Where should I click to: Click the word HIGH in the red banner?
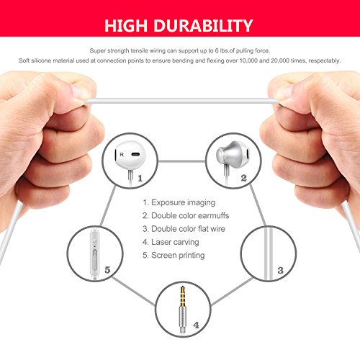130,27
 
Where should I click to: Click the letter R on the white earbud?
121,154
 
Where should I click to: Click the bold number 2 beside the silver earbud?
243,177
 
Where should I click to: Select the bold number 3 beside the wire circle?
280,270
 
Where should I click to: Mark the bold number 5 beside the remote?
107,270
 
